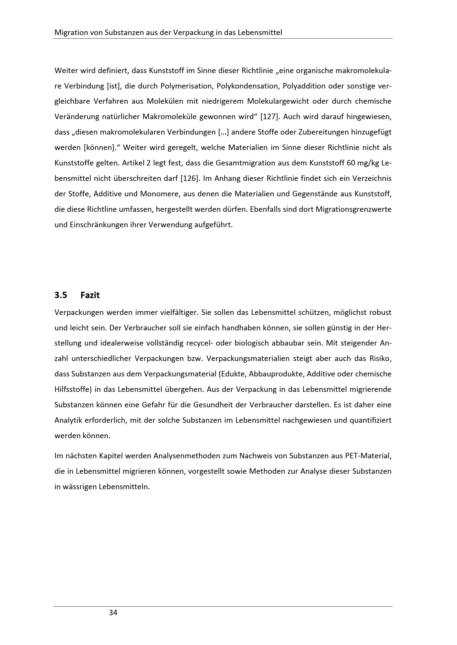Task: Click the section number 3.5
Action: point(61,295)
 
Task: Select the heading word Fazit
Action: point(90,295)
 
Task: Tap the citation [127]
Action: point(270,117)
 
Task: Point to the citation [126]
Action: point(189,178)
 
